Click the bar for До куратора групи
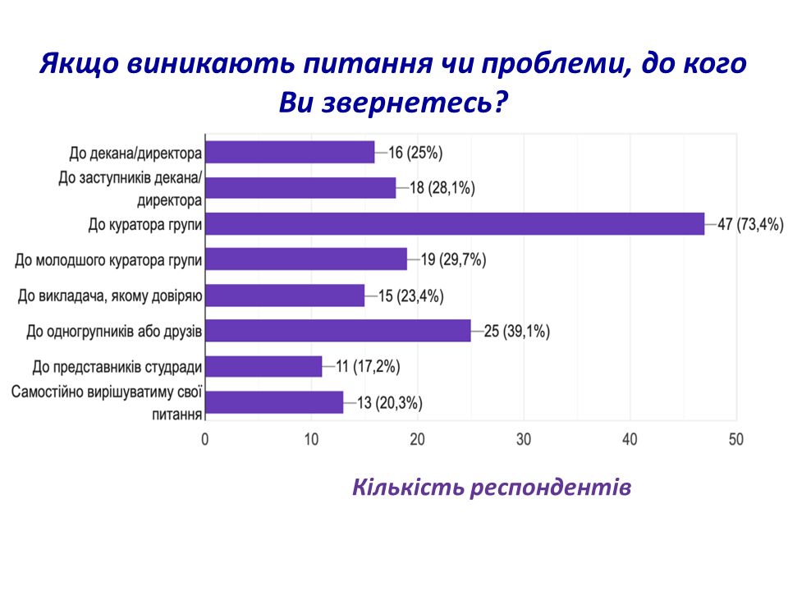coord(454,223)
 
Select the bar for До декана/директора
coord(289,152)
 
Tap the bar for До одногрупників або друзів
coord(337,331)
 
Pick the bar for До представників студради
coord(263,366)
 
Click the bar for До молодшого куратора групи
coord(305,259)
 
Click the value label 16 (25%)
coord(415,153)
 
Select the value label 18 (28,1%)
coord(442,188)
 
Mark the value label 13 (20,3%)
coord(389,402)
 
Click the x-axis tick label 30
coord(524,440)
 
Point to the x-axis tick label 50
coord(736,440)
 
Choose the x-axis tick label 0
coord(204,440)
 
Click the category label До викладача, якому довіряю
coord(111,295)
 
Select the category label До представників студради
coord(117,366)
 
